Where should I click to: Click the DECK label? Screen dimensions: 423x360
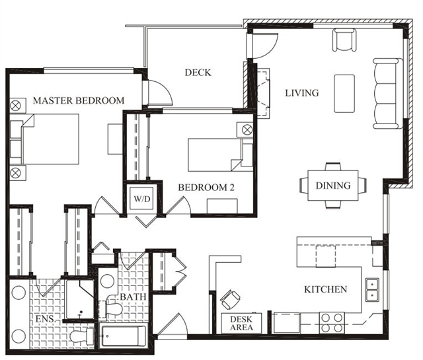pos(198,73)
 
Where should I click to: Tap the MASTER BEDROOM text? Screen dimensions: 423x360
pos(79,100)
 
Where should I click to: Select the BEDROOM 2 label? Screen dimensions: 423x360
pos(206,187)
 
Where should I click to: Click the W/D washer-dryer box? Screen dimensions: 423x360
pos(142,198)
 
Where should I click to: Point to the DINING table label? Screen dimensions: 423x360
pos(333,186)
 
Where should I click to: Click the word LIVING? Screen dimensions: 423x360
pos(302,93)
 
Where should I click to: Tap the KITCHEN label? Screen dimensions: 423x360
pos(326,289)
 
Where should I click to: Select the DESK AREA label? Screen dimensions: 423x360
pos(241,323)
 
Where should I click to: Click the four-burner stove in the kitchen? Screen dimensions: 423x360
pos(332,322)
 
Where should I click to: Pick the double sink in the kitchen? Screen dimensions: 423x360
pos(372,289)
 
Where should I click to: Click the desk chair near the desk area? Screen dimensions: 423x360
pos(230,300)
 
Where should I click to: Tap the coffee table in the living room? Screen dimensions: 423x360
pos(344,93)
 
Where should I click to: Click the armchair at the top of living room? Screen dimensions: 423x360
pos(344,40)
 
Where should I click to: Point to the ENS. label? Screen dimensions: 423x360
pos(46,319)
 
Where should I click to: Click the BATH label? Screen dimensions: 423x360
pos(133,297)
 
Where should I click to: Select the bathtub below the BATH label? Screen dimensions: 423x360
pos(124,336)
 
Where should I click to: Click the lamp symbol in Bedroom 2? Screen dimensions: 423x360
pos(247,130)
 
